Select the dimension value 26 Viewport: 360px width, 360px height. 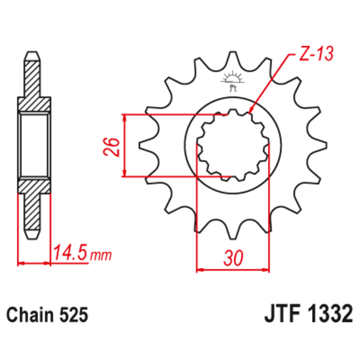(x=113, y=146)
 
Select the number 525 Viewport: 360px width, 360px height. (x=73, y=315)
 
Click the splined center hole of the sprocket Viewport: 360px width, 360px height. (x=233, y=145)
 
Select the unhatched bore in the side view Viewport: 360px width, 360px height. (x=34, y=145)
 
